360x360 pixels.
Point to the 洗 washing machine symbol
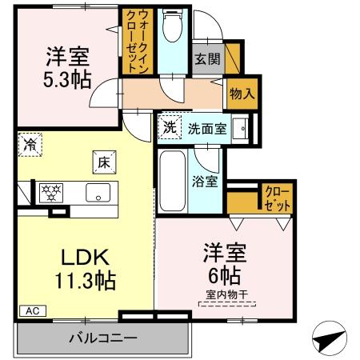coord(169,126)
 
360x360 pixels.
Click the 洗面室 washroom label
coord(207,127)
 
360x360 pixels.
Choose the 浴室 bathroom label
coord(206,181)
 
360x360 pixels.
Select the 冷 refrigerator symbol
coord(30,145)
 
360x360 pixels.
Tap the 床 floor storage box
coord(104,161)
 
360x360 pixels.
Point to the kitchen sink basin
coord(99,192)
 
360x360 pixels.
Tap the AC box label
coord(30,310)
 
